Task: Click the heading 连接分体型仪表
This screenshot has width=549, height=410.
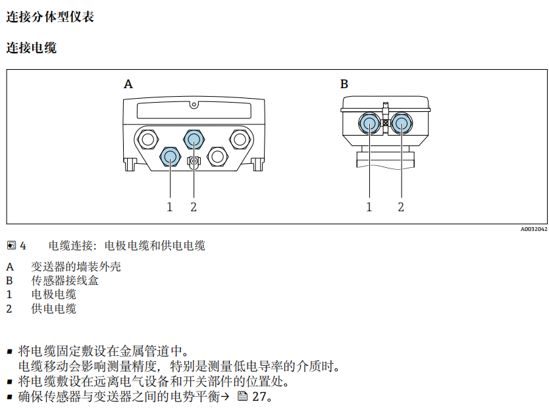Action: coord(50,17)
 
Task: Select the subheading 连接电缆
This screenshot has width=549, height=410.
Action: coord(31,48)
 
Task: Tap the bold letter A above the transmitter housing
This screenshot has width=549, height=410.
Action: coord(128,84)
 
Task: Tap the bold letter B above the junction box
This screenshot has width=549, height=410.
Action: coord(344,84)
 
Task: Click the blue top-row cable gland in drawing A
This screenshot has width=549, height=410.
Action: coord(194,138)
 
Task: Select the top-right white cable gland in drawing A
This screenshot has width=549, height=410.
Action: coord(240,138)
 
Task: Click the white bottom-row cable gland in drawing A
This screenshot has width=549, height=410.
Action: coord(217,156)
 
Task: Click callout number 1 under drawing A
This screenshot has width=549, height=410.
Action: coord(169,207)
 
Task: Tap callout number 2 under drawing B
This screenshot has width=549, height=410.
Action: coord(400,207)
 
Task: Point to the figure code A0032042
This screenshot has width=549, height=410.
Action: coord(533,230)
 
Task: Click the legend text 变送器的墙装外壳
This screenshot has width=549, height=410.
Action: coord(76,267)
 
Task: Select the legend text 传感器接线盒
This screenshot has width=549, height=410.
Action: coord(65,281)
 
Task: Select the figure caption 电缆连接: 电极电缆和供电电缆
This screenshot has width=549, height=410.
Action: coord(127,246)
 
